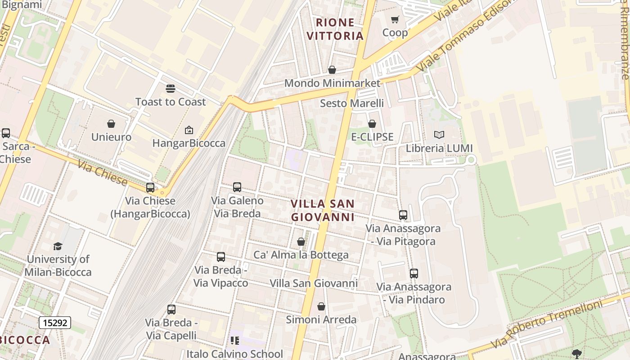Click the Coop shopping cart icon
point(395,19)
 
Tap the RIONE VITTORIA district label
point(335,29)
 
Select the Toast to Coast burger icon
point(170,89)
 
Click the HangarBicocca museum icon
point(189,130)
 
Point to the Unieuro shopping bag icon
point(111,124)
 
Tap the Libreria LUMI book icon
point(439,135)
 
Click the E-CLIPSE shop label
point(372,137)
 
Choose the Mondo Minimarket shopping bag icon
point(332,70)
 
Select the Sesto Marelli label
point(352,103)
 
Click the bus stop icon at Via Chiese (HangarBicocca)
point(150,188)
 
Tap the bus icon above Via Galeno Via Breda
point(237,187)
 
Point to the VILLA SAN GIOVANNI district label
point(323,210)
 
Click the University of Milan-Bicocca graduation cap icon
point(58,246)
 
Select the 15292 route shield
point(54,323)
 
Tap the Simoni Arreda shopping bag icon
point(321,306)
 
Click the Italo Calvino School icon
point(235,341)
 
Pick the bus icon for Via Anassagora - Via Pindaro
point(414,273)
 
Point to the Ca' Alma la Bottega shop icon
point(301,242)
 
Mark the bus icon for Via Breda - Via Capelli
point(171,310)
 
